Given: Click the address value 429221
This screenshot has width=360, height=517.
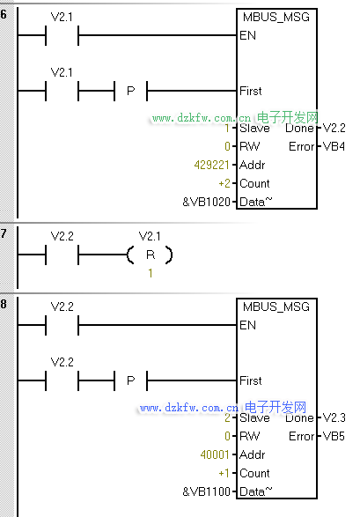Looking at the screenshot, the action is [211, 165].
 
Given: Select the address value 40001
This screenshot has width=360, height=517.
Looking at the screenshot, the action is [215, 454].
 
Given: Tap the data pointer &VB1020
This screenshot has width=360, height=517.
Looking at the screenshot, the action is [206, 202].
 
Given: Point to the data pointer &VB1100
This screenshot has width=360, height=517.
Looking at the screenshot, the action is [206, 491].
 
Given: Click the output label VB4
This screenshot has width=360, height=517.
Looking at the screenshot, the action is [334, 146].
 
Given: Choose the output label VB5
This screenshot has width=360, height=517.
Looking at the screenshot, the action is [334, 436].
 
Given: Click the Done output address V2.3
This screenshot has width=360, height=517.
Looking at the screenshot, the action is [334, 417].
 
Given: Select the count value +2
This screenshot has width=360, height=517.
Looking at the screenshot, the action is [224, 183].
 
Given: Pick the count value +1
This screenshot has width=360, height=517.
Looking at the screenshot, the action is [224, 473].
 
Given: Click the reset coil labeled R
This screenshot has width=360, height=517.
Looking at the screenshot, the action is [151, 255].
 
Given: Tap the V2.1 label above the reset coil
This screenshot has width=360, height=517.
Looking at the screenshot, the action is [150, 236].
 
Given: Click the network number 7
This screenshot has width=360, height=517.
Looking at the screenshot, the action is [4, 233].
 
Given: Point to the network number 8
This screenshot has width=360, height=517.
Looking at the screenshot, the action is [4, 304].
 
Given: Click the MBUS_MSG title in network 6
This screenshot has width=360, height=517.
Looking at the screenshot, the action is [276, 18].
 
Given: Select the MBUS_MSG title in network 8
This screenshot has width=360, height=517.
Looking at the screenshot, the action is [276, 307].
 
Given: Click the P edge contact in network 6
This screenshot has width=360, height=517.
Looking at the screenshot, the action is [131, 91].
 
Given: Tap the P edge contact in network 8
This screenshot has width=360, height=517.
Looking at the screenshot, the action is [131, 380].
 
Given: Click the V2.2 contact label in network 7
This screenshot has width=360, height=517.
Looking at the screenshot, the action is [62, 236].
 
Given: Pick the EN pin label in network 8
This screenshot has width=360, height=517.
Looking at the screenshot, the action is [247, 325].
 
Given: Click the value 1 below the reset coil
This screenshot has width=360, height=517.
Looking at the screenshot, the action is [151, 273].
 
